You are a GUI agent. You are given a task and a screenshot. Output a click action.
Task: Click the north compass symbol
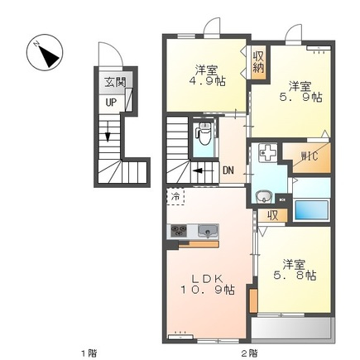[45, 52]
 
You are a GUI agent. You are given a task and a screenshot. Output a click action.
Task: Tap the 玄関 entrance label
[115, 83]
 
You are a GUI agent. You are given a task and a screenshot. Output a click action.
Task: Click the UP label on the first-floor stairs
[111, 103]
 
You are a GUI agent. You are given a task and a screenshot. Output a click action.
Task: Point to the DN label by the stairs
[228, 170]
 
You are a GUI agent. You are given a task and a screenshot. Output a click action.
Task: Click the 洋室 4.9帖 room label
[207, 75]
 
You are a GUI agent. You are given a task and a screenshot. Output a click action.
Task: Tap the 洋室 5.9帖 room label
[300, 92]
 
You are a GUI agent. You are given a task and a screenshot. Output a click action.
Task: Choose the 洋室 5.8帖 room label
[295, 270]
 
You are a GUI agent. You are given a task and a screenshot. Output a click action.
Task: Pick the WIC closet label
[310, 156]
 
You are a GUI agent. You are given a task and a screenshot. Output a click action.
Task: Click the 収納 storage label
[258, 62]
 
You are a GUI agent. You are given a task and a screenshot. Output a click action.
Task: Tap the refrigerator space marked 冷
[175, 197]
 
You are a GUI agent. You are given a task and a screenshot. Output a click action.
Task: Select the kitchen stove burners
[179, 230]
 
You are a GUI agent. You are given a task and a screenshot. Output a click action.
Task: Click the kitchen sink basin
[209, 231]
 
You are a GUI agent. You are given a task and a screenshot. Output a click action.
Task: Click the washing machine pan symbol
[267, 152]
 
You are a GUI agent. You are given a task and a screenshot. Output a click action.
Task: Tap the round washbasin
[264, 197]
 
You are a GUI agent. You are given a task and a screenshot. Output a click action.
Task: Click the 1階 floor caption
[89, 353]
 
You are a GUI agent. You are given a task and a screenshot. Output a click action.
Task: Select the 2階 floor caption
[250, 353]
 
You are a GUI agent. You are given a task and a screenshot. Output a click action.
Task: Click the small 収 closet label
[272, 216]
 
